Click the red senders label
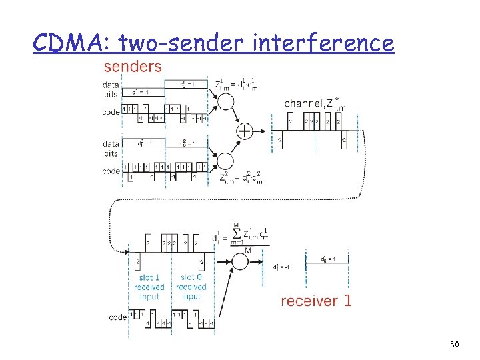132,66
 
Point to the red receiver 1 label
315,301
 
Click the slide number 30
455,344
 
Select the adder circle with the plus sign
245,131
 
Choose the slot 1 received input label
149,287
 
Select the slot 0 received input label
191,287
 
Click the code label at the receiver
118,317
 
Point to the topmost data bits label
111,89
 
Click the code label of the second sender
111,171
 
